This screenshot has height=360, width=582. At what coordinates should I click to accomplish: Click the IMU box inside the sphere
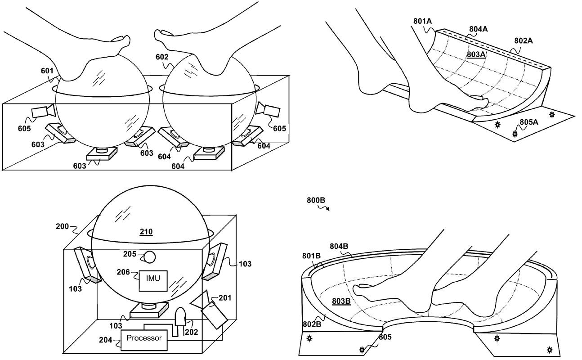click(153, 281)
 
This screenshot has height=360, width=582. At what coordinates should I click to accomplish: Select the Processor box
click(144, 340)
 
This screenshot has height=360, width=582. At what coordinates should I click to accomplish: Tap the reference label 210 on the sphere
click(146, 232)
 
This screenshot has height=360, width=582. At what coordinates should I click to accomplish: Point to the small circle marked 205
click(150, 257)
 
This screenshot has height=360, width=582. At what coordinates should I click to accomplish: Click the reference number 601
click(47, 71)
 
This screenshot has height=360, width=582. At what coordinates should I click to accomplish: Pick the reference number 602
click(162, 57)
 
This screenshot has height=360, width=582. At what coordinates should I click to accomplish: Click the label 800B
click(316, 200)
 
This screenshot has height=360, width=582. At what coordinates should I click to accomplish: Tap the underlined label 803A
click(476, 54)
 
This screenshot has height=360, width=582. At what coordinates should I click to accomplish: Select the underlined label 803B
click(341, 301)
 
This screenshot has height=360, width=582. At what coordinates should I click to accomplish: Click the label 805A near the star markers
click(529, 122)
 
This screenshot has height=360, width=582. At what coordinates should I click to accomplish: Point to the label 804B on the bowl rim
click(339, 246)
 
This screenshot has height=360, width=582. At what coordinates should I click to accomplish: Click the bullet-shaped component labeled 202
click(180, 317)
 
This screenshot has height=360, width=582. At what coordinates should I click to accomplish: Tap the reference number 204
click(106, 340)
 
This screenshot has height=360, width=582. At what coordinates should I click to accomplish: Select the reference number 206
click(123, 272)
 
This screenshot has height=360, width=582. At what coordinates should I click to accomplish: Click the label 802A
click(524, 40)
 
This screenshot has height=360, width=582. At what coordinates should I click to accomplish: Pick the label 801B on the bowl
click(312, 256)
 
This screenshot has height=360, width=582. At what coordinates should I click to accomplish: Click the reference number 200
click(63, 226)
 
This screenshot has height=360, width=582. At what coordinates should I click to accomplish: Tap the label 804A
click(479, 29)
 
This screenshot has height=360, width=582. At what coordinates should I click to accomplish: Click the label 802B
click(312, 324)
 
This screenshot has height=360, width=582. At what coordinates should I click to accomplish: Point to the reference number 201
click(225, 297)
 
